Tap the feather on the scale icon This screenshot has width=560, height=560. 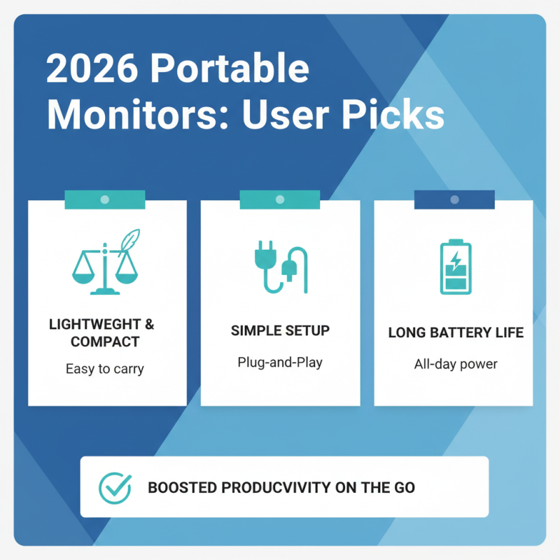(130, 241)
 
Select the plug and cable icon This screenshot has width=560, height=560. (280, 266)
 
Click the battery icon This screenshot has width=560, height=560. (455, 267)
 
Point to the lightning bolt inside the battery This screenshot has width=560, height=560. (456, 261)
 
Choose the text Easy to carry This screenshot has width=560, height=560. (104, 368)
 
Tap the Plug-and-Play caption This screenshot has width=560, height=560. (280, 363)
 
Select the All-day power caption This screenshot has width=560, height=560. (456, 365)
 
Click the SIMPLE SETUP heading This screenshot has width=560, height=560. (280, 330)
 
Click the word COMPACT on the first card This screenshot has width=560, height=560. (105, 342)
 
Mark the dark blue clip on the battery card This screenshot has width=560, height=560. (454, 199)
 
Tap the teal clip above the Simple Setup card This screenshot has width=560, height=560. (280, 199)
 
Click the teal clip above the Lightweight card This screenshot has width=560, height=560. (104, 199)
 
